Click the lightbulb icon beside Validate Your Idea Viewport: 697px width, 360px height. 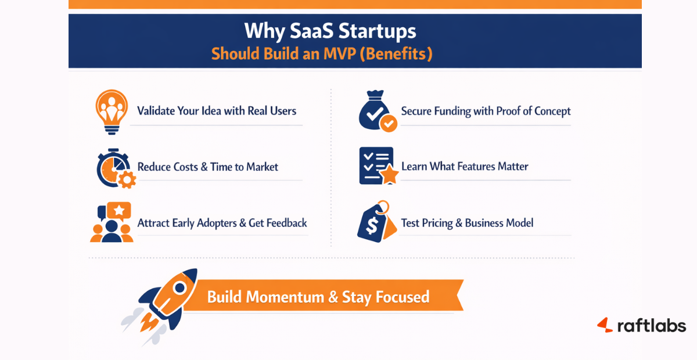[x=112, y=110]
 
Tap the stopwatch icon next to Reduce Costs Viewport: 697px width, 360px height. [x=114, y=168]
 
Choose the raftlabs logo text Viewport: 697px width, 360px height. [x=651, y=325]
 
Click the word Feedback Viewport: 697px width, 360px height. [x=286, y=223]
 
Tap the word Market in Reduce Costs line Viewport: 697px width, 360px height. [x=262, y=167]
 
